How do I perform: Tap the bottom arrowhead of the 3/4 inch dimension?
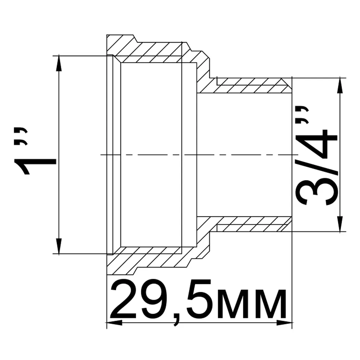(340, 224)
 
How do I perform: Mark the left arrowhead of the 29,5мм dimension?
(114, 323)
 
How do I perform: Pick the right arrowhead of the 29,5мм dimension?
(284, 323)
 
